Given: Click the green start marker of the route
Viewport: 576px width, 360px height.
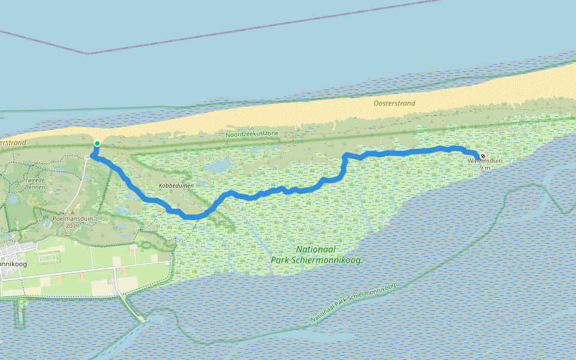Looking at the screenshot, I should (x=97, y=143).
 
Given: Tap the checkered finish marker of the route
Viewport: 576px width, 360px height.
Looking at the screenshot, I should (x=483, y=156).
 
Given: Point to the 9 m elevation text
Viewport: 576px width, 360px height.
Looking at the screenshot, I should (x=485, y=168).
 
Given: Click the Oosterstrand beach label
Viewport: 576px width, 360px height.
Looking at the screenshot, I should (x=394, y=103).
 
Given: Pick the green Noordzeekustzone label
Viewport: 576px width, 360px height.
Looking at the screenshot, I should (x=252, y=134).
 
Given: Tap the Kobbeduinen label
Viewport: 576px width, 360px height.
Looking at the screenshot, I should (x=175, y=186).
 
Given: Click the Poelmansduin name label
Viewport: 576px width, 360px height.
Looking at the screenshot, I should (x=73, y=219).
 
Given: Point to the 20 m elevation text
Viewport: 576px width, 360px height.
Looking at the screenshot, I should (x=73, y=226).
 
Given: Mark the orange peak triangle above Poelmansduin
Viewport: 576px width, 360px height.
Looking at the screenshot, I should (x=73, y=212).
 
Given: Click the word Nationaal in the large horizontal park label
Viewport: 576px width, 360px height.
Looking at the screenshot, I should (x=315, y=249).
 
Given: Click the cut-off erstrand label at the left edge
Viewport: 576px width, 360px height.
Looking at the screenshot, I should (x=13, y=143).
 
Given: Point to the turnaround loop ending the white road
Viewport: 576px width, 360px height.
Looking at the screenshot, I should (x=88, y=157).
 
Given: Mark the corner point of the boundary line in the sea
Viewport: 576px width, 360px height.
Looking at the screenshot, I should (x=88, y=54).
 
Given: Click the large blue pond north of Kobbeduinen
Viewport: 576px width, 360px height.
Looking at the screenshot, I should (x=220, y=165).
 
